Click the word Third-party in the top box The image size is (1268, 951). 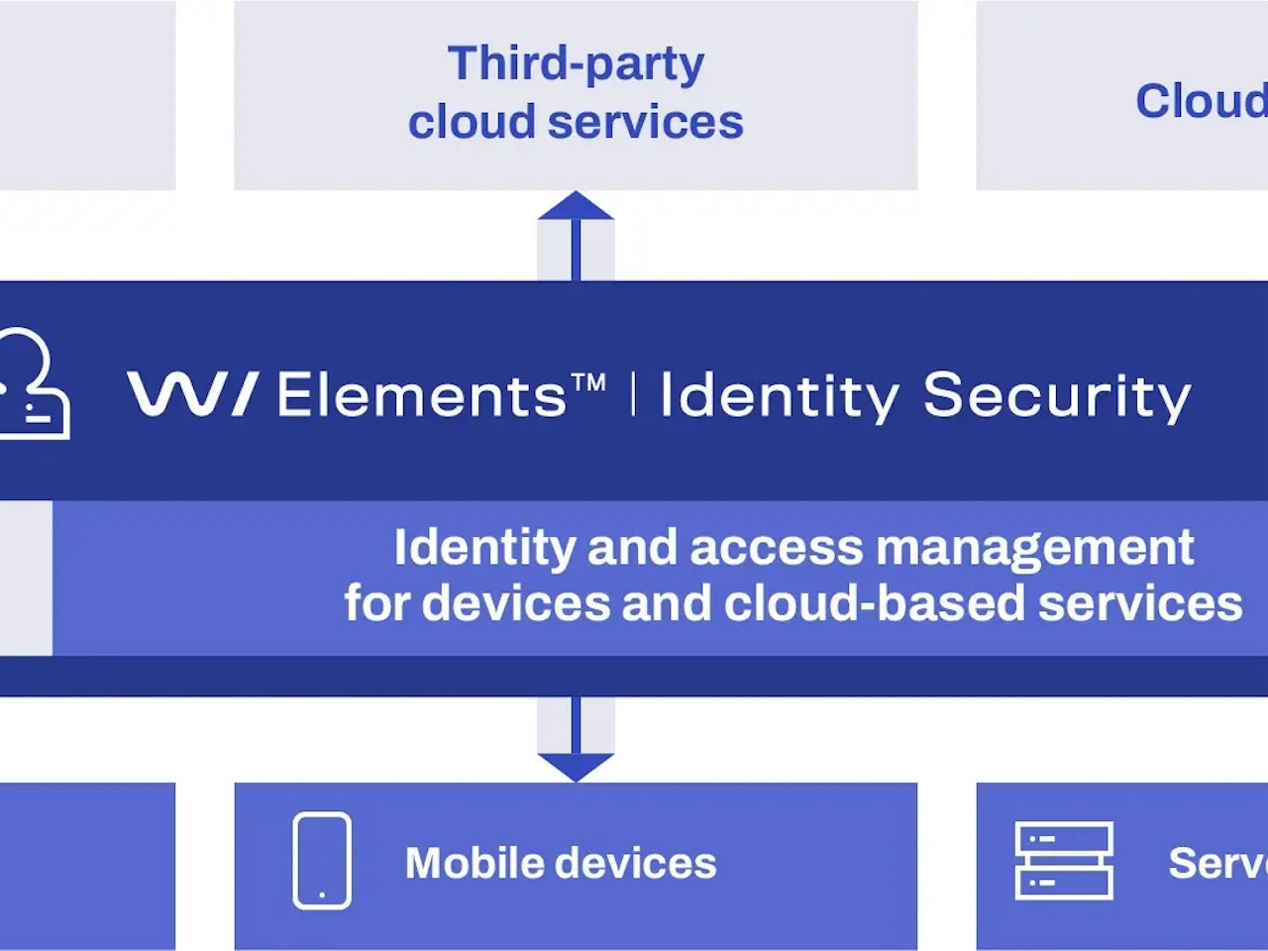pyautogui.click(x=576, y=63)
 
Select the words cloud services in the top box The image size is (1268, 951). pyautogui.click(x=576, y=123)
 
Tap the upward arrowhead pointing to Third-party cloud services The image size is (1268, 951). pyautogui.click(x=576, y=206)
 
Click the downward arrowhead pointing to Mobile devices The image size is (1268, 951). pyautogui.click(x=576, y=767)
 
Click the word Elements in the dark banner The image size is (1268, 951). pyautogui.click(x=421, y=395)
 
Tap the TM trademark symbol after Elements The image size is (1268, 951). pyautogui.click(x=588, y=382)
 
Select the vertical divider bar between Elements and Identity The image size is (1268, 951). pyautogui.click(x=633, y=394)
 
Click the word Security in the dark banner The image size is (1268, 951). pyautogui.click(x=1057, y=396)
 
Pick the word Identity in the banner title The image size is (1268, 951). pyautogui.click(x=779, y=396)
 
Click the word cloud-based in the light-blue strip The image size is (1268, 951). pyautogui.click(x=875, y=603)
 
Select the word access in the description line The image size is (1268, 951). pyautogui.click(x=777, y=548)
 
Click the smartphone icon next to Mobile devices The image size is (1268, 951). pyautogui.click(x=322, y=861)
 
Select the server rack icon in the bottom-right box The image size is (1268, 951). pyautogui.click(x=1064, y=861)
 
